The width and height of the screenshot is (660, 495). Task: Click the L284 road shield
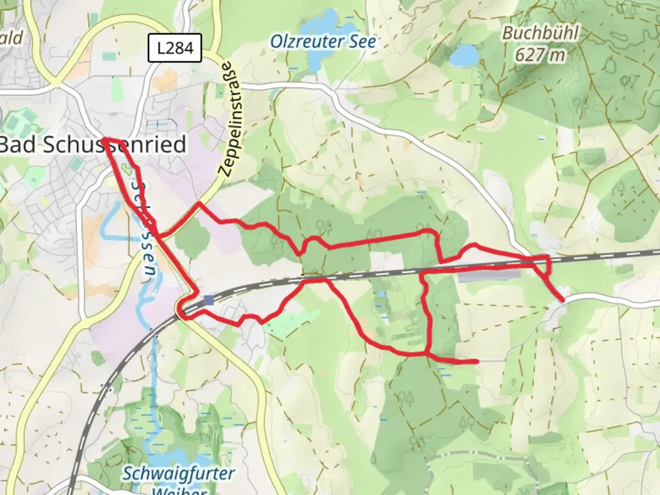(x=175, y=48)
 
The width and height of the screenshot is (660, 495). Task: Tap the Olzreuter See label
(x=323, y=42)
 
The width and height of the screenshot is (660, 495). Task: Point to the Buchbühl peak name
(x=540, y=33)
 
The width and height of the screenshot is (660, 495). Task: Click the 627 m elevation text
(x=540, y=55)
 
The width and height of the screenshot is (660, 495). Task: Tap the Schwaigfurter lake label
(x=178, y=473)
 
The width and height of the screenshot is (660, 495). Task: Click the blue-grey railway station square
(x=209, y=300)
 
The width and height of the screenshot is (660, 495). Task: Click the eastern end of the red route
(x=562, y=301)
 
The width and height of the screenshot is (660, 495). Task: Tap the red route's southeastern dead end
(x=477, y=362)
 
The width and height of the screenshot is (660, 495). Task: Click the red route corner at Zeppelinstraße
(x=199, y=203)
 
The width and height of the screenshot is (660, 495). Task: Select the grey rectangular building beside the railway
(x=489, y=275)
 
